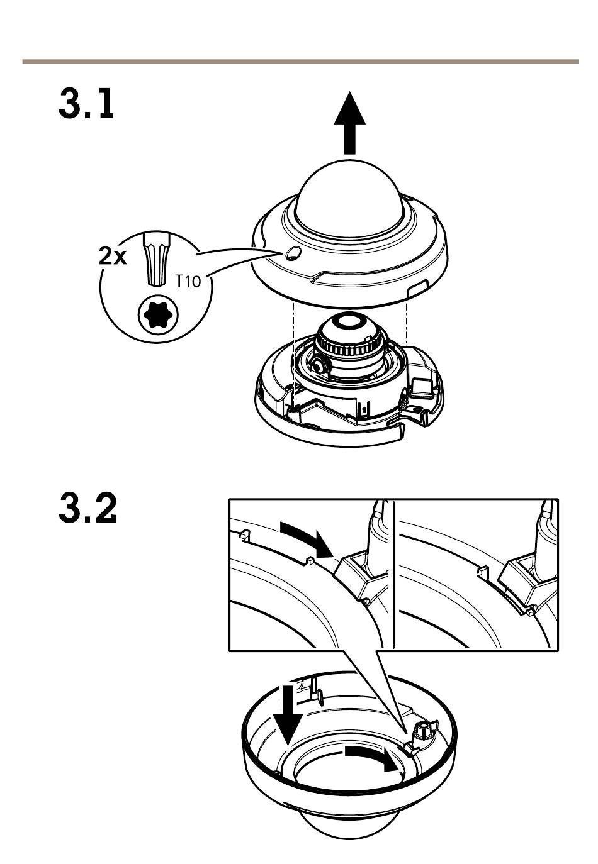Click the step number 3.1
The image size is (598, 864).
coord(87,104)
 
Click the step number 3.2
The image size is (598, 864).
coord(88,509)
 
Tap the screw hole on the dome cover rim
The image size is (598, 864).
coord(292,253)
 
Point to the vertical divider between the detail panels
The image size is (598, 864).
coord(393,574)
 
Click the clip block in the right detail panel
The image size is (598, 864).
coord(523,582)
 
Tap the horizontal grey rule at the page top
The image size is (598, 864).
coord(300,62)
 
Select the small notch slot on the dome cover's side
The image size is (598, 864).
coord(416,289)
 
